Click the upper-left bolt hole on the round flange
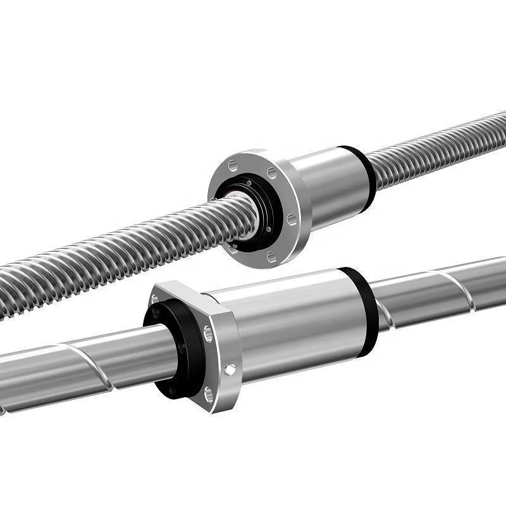click(233, 166)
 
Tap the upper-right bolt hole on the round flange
click(272, 173)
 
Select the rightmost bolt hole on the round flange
click(292, 219)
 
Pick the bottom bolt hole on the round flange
click(271, 257)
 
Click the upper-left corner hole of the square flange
click(155, 299)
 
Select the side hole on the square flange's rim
click(230, 368)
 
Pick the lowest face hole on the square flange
click(209, 395)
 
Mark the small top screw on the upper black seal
click(249, 183)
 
